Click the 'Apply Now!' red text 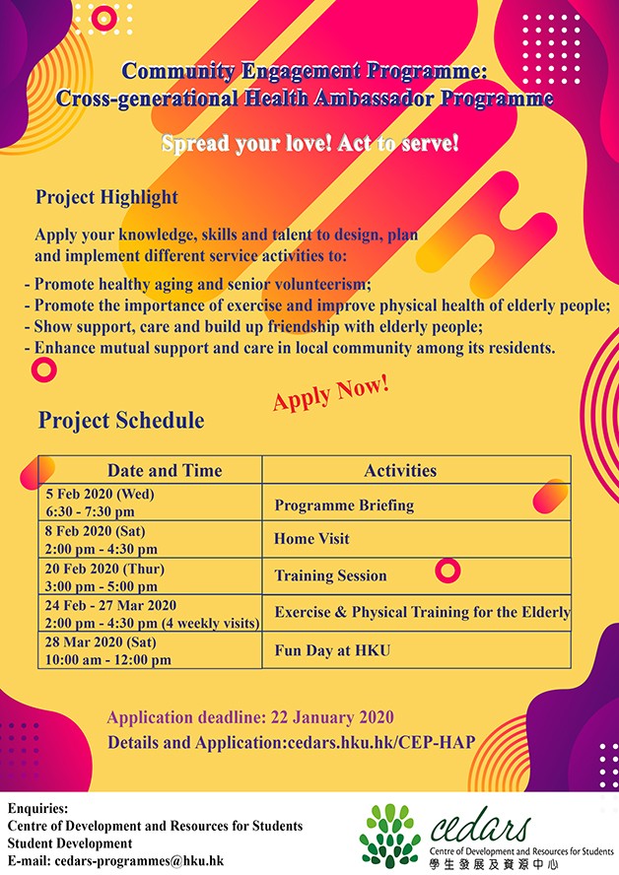click(x=331, y=393)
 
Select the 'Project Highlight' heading click(x=106, y=197)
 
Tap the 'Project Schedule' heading click(x=121, y=420)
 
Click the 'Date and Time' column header click(x=165, y=470)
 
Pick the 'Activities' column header click(x=400, y=470)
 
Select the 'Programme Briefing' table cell click(x=344, y=505)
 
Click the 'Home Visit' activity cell click(x=311, y=539)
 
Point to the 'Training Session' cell click(x=330, y=575)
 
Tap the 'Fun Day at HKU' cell click(x=332, y=650)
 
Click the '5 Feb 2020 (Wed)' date click(x=100, y=494)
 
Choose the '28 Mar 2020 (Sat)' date click(x=101, y=641)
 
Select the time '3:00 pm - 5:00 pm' click(x=101, y=586)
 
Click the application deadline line click(x=250, y=717)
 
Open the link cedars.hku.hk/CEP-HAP click(x=381, y=742)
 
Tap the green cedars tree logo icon click(x=390, y=837)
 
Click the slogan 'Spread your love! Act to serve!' click(x=309, y=144)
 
